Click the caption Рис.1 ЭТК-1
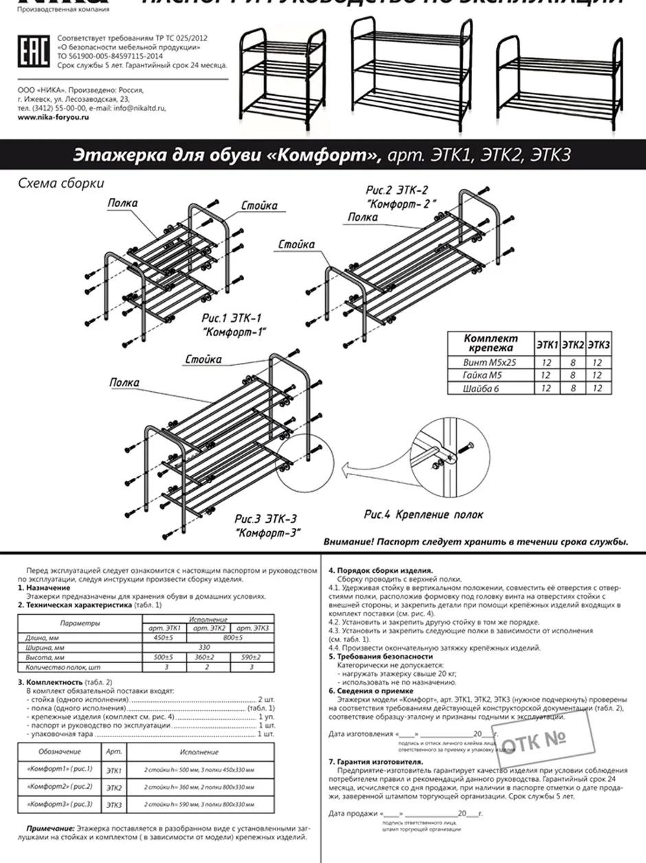[x=232, y=318]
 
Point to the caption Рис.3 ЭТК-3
[x=266, y=519]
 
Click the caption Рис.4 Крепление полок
[x=423, y=514]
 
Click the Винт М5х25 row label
[x=490, y=362]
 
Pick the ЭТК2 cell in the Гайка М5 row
[x=572, y=375]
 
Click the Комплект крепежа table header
[x=490, y=344]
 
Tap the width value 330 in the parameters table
[x=204, y=647]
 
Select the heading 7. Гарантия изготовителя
[x=375, y=762]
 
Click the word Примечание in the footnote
[x=50, y=829]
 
